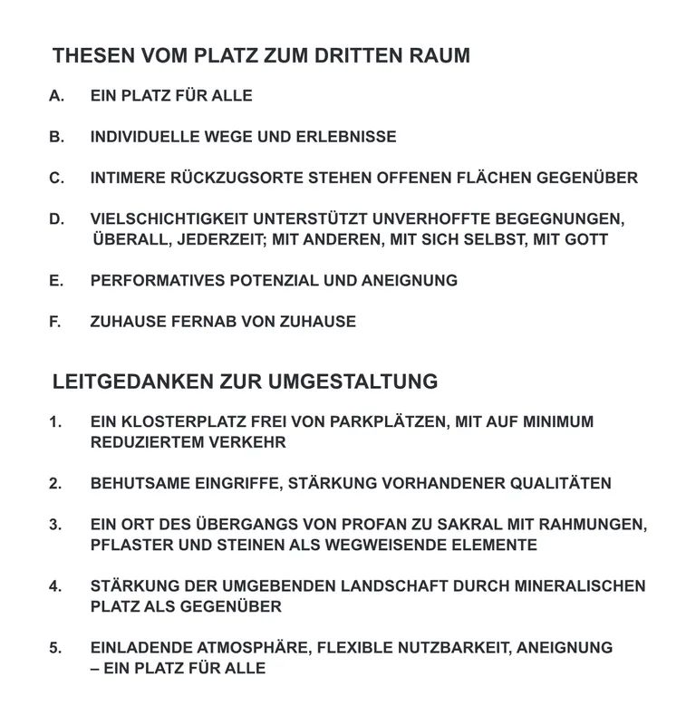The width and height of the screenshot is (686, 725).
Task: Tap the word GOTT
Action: point(585,240)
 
